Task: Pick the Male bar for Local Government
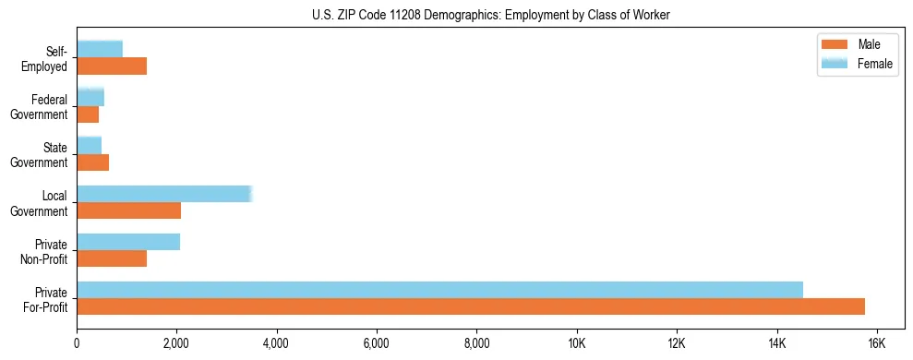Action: pos(128,210)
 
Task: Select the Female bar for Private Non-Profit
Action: pos(128,242)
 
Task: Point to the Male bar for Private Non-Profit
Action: pos(112,258)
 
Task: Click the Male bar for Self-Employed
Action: pos(112,66)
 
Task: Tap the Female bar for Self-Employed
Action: pos(100,49)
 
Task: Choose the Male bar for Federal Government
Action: pos(88,114)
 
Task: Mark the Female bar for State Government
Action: pos(90,145)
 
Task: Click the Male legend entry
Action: pos(869,45)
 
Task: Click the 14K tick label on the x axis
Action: pos(776,343)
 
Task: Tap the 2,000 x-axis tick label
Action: pos(176,343)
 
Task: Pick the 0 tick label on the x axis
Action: pos(77,343)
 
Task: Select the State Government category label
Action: pos(42,154)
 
